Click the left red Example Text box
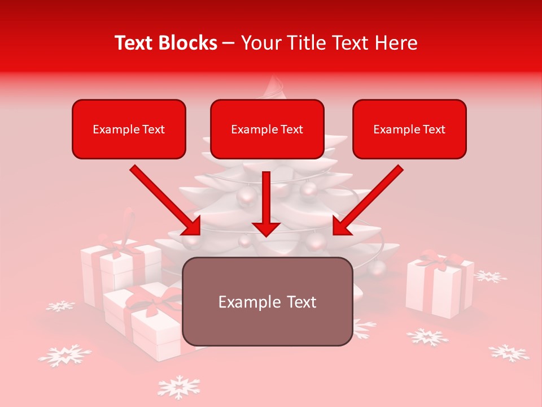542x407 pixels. click(x=129, y=129)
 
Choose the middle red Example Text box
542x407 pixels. click(x=267, y=129)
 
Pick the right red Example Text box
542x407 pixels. click(x=409, y=129)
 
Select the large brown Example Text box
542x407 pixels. click(x=267, y=301)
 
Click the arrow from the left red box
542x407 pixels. click(x=165, y=200)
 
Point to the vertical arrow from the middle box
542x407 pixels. click(x=266, y=203)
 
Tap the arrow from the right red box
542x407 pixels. click(x=368, y=200)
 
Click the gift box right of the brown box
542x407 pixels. click(x=439, y=285)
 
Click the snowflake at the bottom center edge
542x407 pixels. click(x=178, y=387)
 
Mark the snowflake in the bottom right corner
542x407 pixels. click(x=509, y=353)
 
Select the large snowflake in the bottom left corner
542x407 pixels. click(x=64, y=355)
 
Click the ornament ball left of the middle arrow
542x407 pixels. click(x=247, y=196)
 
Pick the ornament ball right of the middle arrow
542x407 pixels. click(x=309, y=189)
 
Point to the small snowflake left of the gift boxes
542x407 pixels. click(x=60, y=306)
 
